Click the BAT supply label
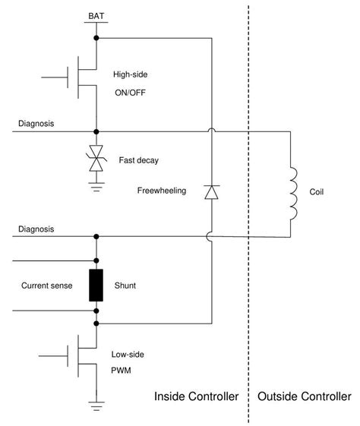click(x=96, y=15)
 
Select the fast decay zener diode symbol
click(x=96, y=159)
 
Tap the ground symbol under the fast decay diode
click(x=96, y=181)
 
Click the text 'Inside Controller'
click(x=196, y=396)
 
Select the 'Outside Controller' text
click(x=305, y=396)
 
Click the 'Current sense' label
click(x=45, y=286)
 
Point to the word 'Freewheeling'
click(x=162, y=191)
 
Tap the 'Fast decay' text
click(x=139, y=160)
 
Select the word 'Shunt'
click(x=125, y=286)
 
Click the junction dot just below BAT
click(x=96, y=37)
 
